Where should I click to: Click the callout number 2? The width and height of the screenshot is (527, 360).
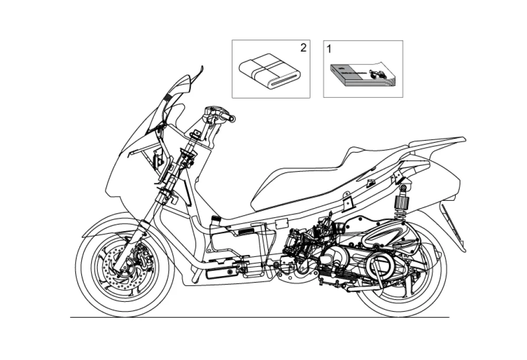tap(303, 48)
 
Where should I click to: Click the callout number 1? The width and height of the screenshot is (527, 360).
tap(329, 49)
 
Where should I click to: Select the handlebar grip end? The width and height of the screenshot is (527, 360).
tap(232, 119)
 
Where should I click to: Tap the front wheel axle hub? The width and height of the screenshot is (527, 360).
tap(125, 267)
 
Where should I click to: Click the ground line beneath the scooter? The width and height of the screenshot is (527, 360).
tap(257, 317)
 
